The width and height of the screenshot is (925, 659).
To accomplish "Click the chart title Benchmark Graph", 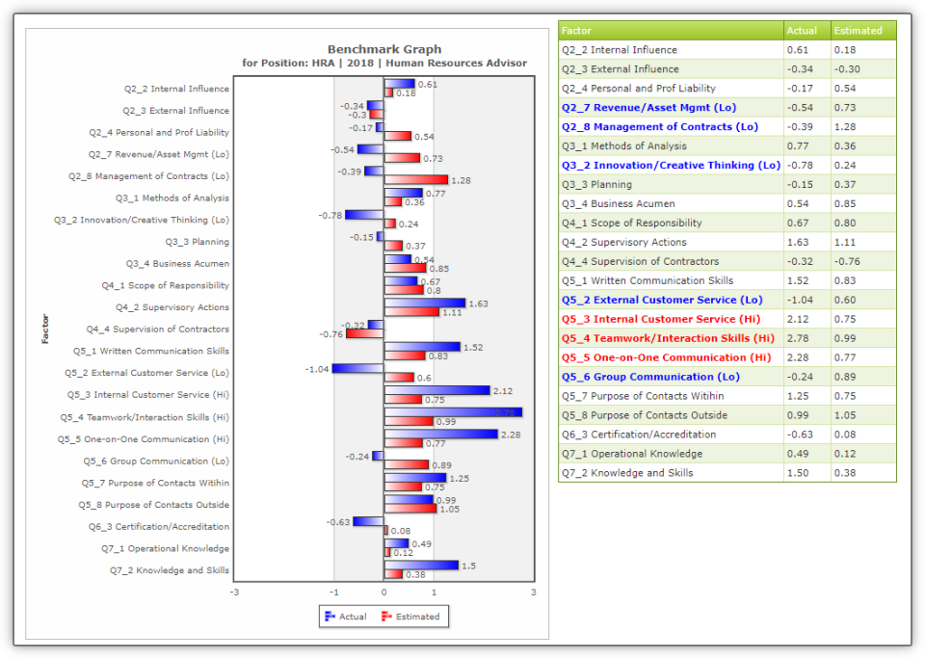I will (x=383, y=49).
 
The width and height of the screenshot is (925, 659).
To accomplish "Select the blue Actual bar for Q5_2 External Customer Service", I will (x=358, y=368).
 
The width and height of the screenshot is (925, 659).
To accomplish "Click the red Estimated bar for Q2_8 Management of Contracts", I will (x=416, y=180).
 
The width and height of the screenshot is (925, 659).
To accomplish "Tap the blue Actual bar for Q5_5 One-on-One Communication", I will (x=440, y=435).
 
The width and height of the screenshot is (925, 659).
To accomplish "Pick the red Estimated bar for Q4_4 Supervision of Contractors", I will (x=365, y=333).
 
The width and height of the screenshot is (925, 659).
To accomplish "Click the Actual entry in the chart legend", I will (x=346, y=617).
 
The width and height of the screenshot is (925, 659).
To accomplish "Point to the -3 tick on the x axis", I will (x=234, y=593).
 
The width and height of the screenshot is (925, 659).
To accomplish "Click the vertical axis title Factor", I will (x=45, y=329).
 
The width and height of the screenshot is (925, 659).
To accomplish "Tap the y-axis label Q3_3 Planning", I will (x=197, y=242).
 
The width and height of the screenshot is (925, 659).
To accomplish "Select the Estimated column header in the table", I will (x=858, y=31).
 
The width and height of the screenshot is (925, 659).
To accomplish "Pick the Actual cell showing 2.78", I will (x=799, y=338).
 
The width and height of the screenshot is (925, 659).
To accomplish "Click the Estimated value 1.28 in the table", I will (x=846, y=127).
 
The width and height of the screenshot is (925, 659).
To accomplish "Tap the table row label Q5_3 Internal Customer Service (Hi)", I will (x=661, y=319).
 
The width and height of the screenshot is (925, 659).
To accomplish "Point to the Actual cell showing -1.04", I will (x=802, y=300).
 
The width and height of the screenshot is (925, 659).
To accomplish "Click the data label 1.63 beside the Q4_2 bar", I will (x=478, y=303).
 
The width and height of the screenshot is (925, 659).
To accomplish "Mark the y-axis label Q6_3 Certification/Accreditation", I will (x=159, y=527).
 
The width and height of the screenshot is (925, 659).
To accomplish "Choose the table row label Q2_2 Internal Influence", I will (x=620, y=50).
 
